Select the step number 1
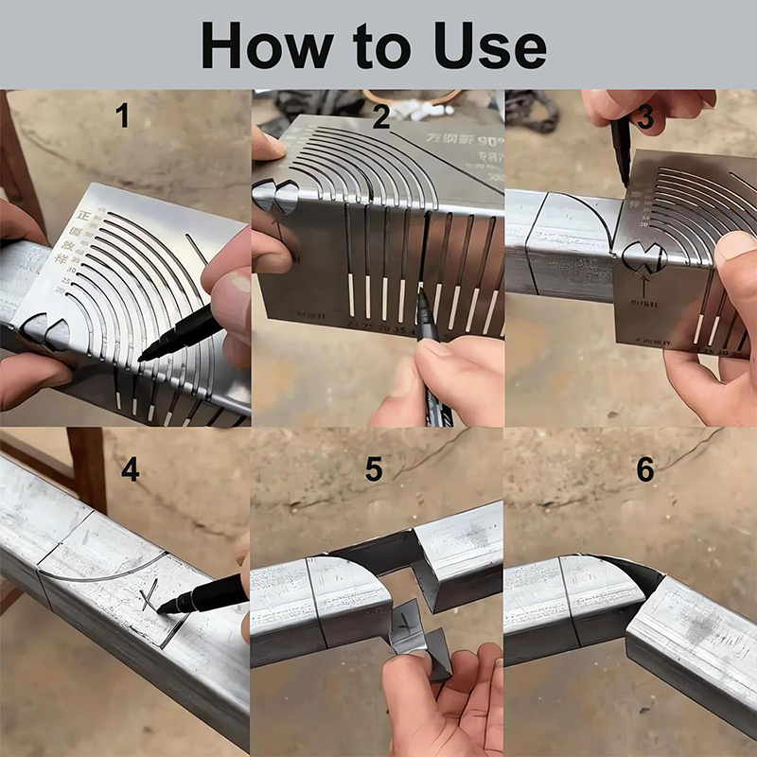click(x=122, y=115)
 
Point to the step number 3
click(x=645, y=117)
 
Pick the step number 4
click(x=130, y=468)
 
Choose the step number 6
click(x=645, y=469)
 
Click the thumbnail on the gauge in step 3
click(x=733, y=251)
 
